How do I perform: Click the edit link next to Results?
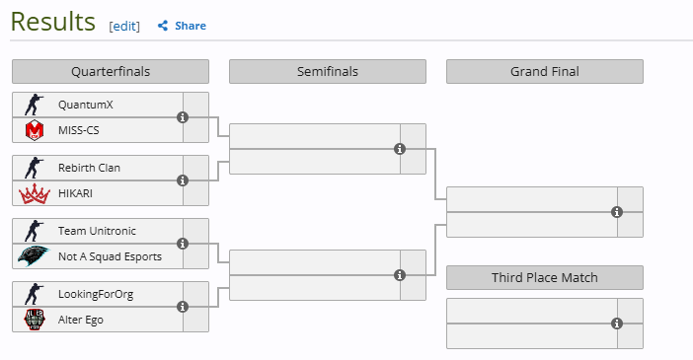click(124, 26)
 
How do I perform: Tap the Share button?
click(182, 26)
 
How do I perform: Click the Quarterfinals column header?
click(111, 72)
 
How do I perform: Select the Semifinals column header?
click(328, 72)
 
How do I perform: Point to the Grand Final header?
click(545, 72)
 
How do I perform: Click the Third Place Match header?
click(545, 277)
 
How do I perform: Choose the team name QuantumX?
click(86, 105)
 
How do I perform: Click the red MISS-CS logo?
click(35, 130)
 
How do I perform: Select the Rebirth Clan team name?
click(89, 168)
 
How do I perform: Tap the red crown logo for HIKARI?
click(34, 194)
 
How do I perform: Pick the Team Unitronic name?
click(97, 231)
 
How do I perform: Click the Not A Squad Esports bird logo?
click(34, 256)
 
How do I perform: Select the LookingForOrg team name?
click(96, 295)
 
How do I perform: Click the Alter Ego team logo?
click(35, 320)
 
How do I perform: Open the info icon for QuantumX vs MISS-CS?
click(183, 117)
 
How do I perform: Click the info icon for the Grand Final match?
click(617, 212)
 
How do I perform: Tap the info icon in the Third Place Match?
click(617, 324)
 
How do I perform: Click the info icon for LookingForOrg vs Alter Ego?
click(183, 307)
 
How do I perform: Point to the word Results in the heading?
click(53, 22)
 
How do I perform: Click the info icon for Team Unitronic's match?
click(183, 244)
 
